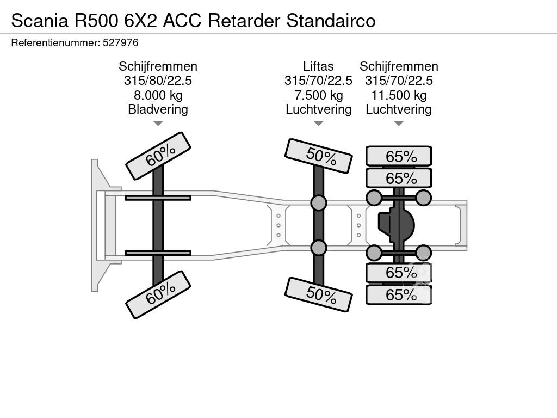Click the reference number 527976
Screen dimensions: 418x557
[120, 42]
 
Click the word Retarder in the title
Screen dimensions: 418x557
[245, 20]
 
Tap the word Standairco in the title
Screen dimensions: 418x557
[331, 20]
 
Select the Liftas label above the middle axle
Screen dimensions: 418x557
[318, 66]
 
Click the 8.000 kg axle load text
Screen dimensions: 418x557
[158, 95]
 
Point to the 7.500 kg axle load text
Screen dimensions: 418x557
[318, 95]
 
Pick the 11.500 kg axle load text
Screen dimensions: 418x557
[399, 95]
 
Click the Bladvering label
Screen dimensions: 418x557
[158, 109]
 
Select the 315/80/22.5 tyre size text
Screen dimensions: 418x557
[158, 81]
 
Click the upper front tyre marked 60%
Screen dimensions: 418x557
[158, 156]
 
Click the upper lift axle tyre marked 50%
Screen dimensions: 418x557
[319, 156]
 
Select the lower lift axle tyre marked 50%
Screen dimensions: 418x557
[319, 294]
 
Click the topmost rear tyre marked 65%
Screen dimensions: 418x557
[399, 156]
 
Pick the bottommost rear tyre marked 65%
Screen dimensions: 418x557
[399, 295]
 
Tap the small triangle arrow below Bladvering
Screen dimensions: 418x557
[158, 124]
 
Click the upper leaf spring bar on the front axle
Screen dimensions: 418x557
[158, 198]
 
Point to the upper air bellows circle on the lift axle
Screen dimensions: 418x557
[319, 203]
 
